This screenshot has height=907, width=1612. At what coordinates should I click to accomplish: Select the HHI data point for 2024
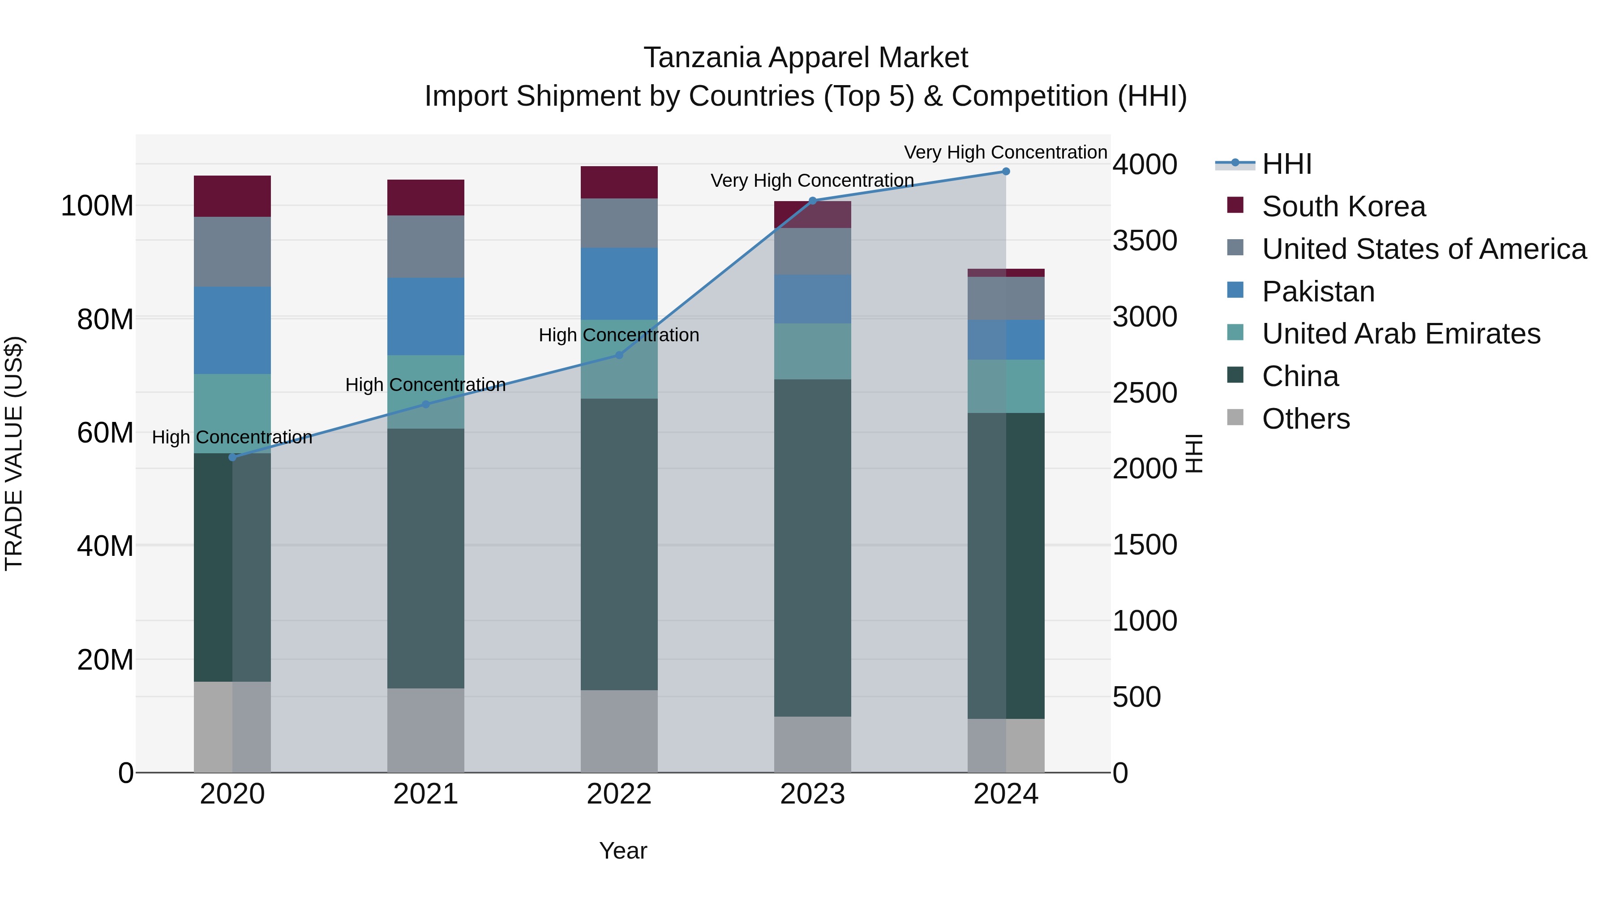(x=1006, y=172)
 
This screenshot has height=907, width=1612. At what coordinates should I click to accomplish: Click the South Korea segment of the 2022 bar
(x=619, y=182)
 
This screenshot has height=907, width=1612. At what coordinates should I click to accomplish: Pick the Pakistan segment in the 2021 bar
(x=425, y=316)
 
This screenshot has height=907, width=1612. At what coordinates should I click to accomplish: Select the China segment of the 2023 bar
(x=812, y=548)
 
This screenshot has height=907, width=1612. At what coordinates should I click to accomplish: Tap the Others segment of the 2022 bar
(x=619, y=731)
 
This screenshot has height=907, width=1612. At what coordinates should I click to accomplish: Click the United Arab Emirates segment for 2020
(x=232, y=413)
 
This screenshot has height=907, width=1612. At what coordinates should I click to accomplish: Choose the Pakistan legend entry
(x=1317, y=292)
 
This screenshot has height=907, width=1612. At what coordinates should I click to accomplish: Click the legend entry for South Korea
(x=1343, y=206)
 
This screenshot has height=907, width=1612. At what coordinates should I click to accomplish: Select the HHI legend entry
(x=1286, y=164)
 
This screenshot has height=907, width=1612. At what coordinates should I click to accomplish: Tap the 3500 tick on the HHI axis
(x=1145, y=241)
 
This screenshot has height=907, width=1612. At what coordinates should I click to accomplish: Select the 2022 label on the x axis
(x=619, y=794)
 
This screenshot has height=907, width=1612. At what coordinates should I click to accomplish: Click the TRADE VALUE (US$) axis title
(x=14, y=453)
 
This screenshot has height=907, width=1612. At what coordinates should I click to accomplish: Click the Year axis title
(x=623, y=851)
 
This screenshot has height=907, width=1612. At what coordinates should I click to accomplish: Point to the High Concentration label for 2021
(x=425, y=384)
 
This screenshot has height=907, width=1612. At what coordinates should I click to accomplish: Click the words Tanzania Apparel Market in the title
(x=806, y=58)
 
